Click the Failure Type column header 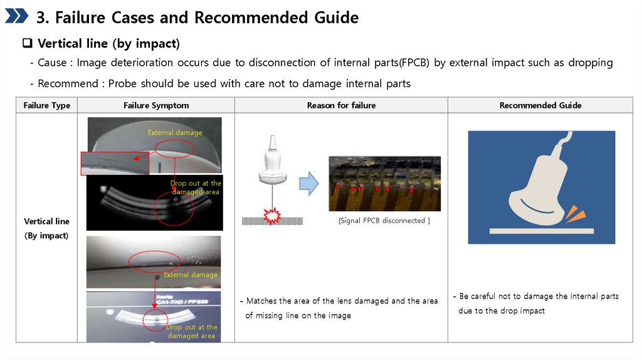pos(46,105)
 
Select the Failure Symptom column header pos(156,105)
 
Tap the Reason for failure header pos(341,105)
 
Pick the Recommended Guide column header pos(540,105)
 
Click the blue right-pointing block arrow pos(308,184)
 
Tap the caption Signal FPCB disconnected pos(384,221)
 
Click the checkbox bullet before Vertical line pos(28,44)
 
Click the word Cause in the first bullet pos(51,63)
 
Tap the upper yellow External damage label pos(175,132)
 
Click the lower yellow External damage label pos(191,275)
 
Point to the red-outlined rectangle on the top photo pos(115,162)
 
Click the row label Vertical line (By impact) pos(46,228)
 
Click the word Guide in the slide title pos(336,18)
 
